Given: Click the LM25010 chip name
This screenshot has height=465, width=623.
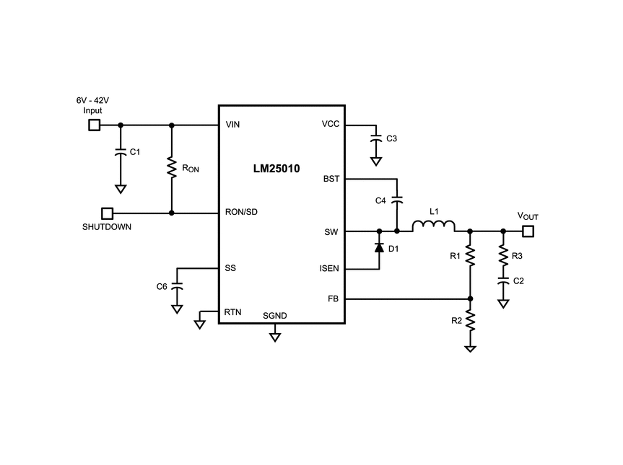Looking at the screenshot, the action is tap(276, 169).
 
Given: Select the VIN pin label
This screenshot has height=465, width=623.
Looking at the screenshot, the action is tap(232, 125).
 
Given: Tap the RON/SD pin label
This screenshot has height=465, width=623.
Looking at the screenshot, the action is tap(241, 212).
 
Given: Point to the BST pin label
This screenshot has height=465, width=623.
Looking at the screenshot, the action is tap(331, 179).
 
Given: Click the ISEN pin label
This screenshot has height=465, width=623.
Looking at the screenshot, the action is tap(329, 269).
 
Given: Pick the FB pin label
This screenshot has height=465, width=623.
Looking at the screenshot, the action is tap(333, 298).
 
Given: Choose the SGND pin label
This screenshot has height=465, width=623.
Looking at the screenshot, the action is tap(274, 316).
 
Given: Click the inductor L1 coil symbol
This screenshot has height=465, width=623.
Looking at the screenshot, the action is tap(433, 226).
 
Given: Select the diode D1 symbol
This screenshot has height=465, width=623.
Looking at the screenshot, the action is tap(380, 248).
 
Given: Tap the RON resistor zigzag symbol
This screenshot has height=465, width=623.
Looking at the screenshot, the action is tap(172, 167).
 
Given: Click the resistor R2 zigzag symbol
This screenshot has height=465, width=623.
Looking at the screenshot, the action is tap(470, 321).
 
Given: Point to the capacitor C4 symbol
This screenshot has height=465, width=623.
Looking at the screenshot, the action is tap(397, 200).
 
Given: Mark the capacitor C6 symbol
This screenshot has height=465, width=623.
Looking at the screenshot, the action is tap(177, 286).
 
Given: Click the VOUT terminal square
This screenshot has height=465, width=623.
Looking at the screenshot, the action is tap(528, 231).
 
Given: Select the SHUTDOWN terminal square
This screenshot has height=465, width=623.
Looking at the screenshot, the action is tap(108, 213).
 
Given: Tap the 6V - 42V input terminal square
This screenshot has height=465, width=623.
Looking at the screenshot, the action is tap(94, 125).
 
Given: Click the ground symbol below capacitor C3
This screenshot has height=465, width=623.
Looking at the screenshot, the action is tap(376, 161).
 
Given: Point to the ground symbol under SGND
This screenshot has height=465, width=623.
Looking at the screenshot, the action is tap(275, 337).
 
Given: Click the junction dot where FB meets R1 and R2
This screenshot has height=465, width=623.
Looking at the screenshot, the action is tap(470, 298).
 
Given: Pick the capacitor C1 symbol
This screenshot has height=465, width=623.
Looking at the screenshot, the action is tap(121, 152).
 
